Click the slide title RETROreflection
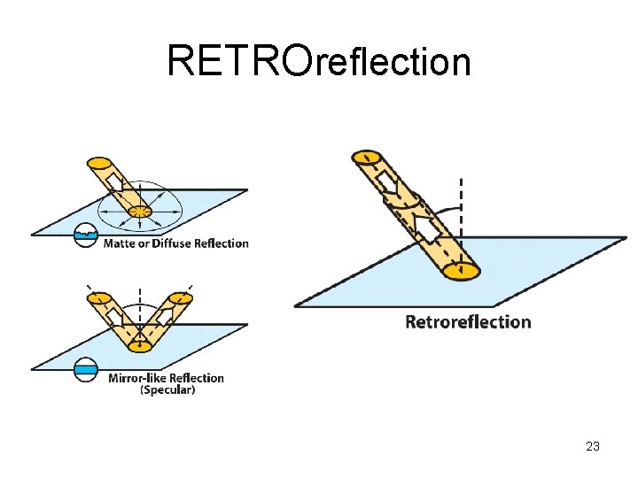318,60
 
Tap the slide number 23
593,446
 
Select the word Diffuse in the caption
166,243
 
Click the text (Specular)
167,389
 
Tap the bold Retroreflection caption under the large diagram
468,321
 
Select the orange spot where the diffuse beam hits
140,212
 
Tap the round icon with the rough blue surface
86,235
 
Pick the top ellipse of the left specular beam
98,297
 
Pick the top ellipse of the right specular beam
180,297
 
